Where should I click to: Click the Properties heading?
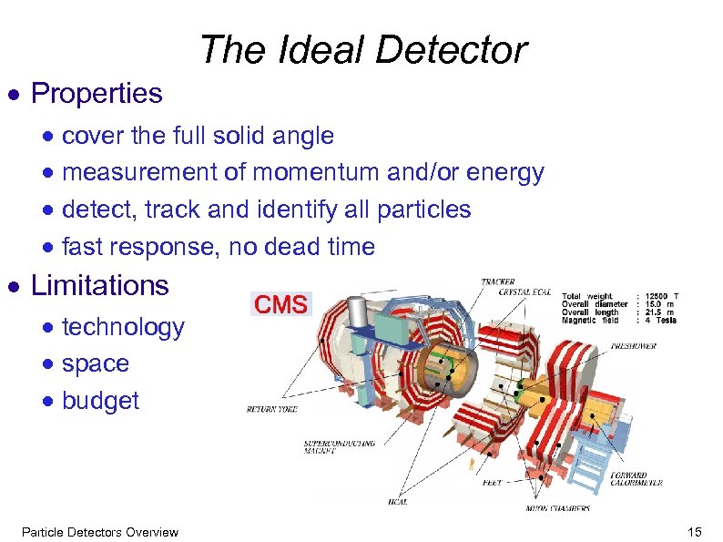[97, 93]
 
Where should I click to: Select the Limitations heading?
[100, 285]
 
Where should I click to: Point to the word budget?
[100, 401]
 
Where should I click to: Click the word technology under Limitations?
[123, 327]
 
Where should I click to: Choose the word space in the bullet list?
[96, 363]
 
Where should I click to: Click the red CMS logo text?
[280, 304]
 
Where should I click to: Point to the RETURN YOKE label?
[271, 409]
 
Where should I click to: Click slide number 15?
[697, 532]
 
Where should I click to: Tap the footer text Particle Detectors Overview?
[100, 532]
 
